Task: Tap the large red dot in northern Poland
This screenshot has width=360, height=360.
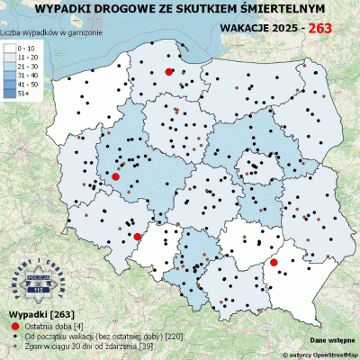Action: pyautogui.click(x=169, y=71)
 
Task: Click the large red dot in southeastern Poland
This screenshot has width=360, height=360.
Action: pyautogui.click(x=274, y=263)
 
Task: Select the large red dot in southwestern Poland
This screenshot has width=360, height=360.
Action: pyautogui.click(x=137, y=237)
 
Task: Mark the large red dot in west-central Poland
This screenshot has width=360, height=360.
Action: pyautogui.click(x=115, y=177)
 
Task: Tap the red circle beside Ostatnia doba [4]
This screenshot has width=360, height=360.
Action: pyautogui.click(x=13, y=323)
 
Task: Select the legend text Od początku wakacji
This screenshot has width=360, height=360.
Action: pyautogui.click(x=81, y=334)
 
